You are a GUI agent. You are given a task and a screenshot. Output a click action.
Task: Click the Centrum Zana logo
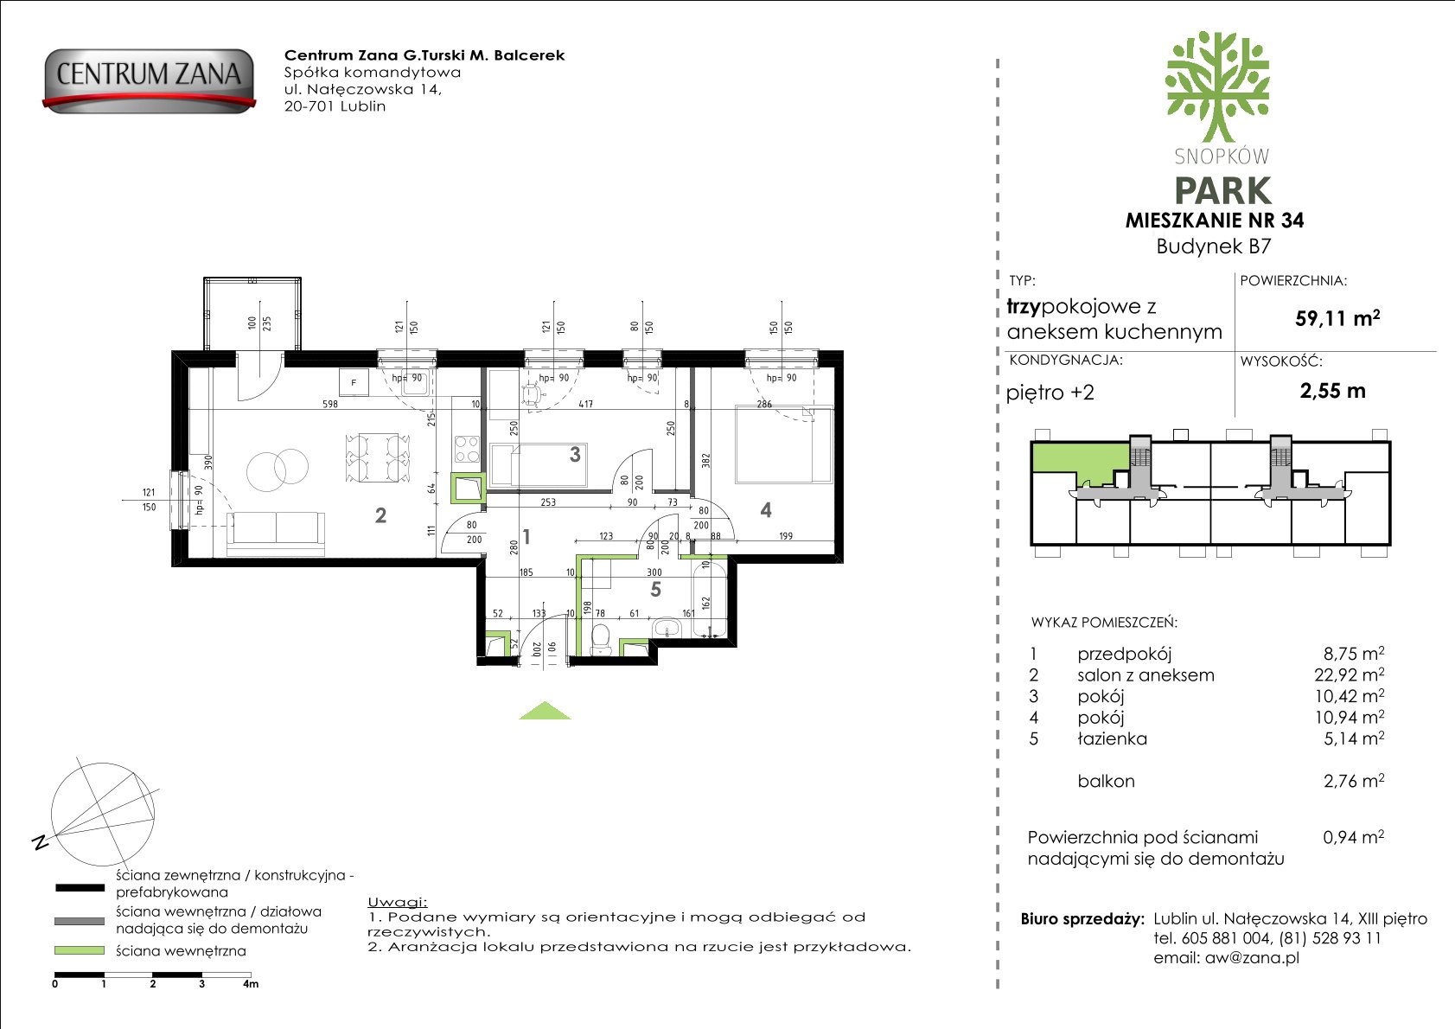[149, 81]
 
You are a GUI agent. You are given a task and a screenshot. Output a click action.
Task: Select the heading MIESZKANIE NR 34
[1215, 220]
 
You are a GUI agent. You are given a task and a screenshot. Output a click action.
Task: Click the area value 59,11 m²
[1337, 317]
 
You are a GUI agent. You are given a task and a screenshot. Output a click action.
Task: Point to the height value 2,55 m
[1333, 391]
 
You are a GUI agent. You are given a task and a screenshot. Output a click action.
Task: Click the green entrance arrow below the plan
[545, 711]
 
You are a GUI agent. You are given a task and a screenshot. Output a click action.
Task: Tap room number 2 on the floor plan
[380, 516]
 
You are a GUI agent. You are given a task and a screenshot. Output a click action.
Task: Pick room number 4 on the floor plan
[766, 510]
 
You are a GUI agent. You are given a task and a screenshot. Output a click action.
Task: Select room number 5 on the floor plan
[655, 590]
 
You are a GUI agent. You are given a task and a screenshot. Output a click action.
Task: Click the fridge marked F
[354, 382]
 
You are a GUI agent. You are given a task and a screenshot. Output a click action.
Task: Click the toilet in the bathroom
[601, 640]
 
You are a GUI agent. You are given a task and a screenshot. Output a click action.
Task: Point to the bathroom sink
[666, 628]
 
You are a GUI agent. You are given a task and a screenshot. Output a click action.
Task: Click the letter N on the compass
[40, 842]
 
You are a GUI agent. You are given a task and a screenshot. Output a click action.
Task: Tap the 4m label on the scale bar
[251, 984]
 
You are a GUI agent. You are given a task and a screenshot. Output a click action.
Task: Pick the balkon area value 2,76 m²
[1354, 780]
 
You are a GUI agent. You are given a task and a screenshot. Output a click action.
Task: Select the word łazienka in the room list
[1112, 738]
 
